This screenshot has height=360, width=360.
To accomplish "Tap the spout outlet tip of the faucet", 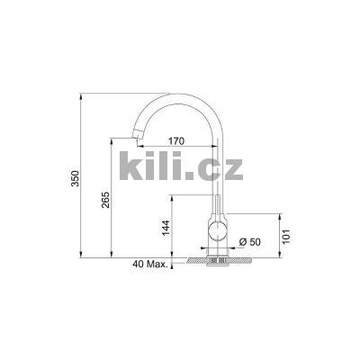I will click(137, 142).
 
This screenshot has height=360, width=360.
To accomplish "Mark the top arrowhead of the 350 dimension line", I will click(84, 94).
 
